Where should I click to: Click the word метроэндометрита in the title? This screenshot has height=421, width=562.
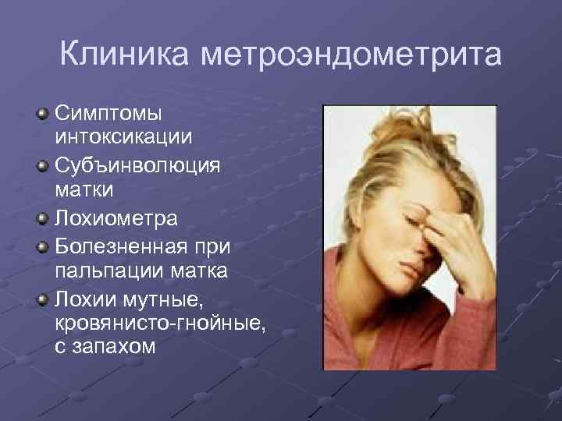pos(351,56)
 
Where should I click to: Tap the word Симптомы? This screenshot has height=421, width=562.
pos(108,114)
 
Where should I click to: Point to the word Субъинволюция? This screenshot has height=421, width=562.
pos(137,165)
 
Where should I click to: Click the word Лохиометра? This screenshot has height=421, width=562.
pos(116,218)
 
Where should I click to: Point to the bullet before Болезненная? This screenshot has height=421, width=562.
pos(42,249)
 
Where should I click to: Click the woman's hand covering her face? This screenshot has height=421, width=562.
pos(453,234)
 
